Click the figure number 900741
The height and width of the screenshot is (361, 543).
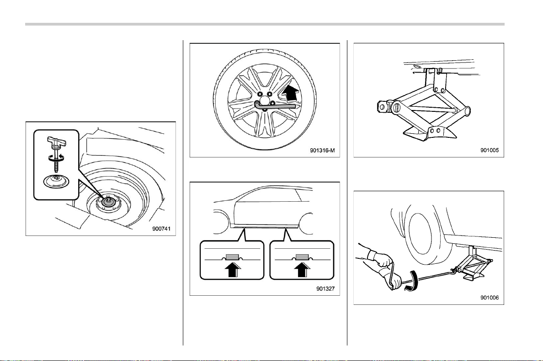pyautogui.click(x=161, y=229)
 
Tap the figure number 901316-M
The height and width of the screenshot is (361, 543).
pyautogui.click(x=322, y=151)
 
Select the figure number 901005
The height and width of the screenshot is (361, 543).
pyautogui.click(x=490, y=151)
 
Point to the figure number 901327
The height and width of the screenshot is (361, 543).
pyautogui.click(x=325, y=289)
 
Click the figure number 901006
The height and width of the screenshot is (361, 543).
pyautogui.click(x=490, y=298)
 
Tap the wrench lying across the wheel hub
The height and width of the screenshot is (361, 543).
pyautogui.click(x=275, y=106)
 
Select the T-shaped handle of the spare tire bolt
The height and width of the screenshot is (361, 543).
pyautogui.click(x=56, y=141)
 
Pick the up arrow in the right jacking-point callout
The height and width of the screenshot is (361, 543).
pyautogui.click(x=302, y=269)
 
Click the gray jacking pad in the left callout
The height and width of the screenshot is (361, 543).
pyautogui.click(x=232, y=257)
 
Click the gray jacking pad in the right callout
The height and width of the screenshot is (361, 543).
pyautogui.click(x=302, y=257)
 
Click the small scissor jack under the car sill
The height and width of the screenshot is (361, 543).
pyautogui.click(x=471, y=265)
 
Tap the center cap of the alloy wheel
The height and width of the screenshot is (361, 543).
pyautogui.click(x=265, y=101)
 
